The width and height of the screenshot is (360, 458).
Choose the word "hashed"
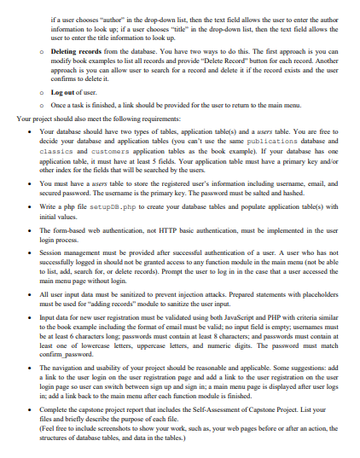pyautogui.click(x=299, y=194)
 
